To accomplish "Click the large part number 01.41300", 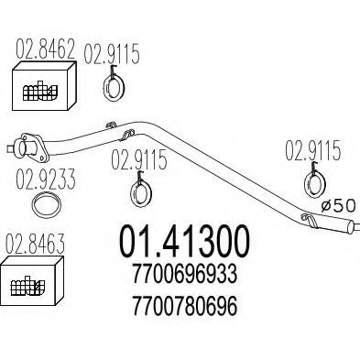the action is coord(184,241).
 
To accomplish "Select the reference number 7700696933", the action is coord(184,274).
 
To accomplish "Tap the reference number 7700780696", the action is coord(184,306).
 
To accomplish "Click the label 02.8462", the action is coord(46,49).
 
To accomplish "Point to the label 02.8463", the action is coord(36,244).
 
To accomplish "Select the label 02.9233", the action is coord(46,179).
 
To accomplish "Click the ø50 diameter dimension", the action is coord(339,205).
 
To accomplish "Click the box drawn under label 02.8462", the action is coord(44,86).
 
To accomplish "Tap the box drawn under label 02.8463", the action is coord(32,281).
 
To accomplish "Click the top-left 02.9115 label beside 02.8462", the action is coord(112,54).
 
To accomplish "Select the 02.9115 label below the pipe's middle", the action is coord(139,159).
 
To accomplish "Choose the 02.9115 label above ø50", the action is coord(312,150).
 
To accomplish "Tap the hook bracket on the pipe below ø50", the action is coord(310,221).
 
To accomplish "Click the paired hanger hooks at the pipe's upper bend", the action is coord(122,131).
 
